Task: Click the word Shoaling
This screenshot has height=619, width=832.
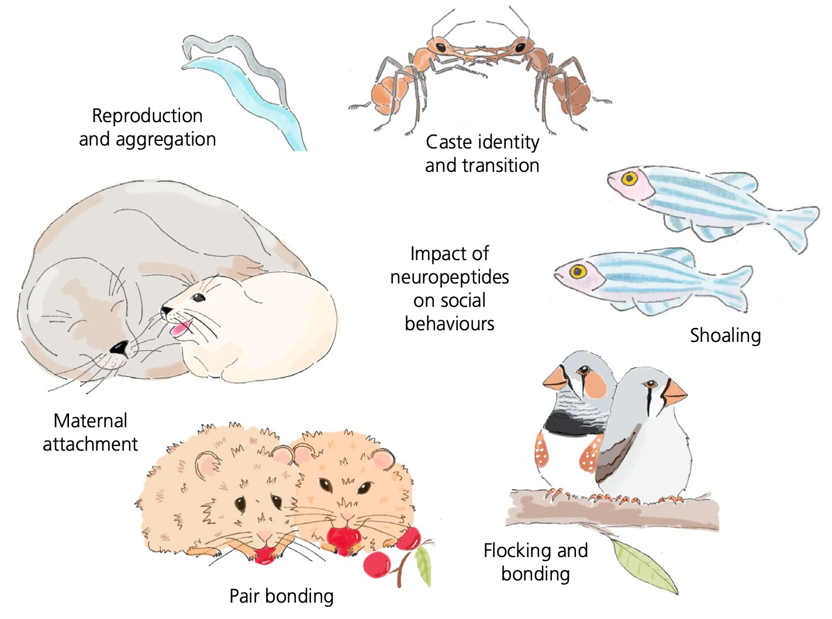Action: [725, 336]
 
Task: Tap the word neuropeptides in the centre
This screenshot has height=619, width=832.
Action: [450, 277]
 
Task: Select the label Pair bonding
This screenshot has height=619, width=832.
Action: [281, 596]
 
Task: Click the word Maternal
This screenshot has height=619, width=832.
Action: [90, 421]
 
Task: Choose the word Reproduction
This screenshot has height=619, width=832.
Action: [147, 116]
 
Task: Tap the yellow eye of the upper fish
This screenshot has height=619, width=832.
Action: [630, 178]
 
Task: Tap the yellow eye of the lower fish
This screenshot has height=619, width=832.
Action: [578, 271]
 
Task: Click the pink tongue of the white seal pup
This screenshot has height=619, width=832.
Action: [178, 328]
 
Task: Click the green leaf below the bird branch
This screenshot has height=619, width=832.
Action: [643, 564]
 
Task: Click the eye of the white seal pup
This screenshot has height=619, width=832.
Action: [199, 298]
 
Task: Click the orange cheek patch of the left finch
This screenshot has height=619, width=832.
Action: [596, 385]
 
